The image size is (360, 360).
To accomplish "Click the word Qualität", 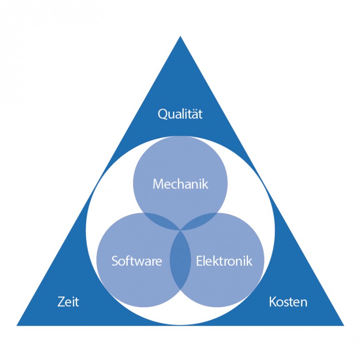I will click(180, 114).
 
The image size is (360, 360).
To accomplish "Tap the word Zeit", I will click(68, 302).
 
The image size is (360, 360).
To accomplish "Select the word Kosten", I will click(288, 302).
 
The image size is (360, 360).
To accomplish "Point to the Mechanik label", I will click(180, 184).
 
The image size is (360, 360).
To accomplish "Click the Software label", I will click(137, 261).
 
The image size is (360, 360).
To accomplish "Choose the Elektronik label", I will click(224, 261).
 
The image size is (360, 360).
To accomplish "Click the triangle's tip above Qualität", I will click(180, 38).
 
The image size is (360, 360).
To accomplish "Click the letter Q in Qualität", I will click(162, 114).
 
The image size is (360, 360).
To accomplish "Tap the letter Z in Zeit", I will click(61, 302).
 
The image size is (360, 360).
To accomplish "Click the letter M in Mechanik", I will click(158, 184).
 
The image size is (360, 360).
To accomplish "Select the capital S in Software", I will click(114, 261).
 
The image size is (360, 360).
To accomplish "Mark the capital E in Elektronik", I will click(199, 261).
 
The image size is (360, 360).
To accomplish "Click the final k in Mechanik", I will click(206, 184).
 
